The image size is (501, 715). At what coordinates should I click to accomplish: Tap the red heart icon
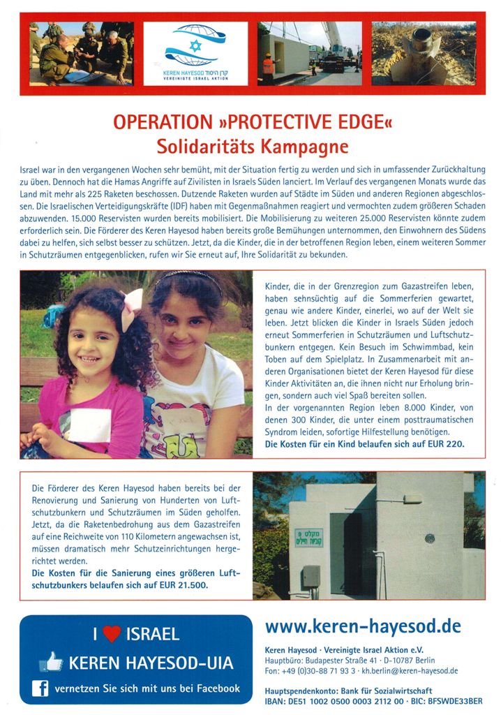[x=112, y=634]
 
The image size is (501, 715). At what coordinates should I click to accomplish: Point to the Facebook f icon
[x=40, y=688]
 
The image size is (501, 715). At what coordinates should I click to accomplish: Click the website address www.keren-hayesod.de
[x=363, y=626]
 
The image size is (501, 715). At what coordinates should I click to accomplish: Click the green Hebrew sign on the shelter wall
[x=308, y=537]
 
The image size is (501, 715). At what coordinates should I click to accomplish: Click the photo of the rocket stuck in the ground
[x=424, y=53]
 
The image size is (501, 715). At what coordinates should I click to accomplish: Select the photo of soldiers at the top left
[x=82, y=53]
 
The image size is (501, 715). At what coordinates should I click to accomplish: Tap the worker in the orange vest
[x=267, y=68]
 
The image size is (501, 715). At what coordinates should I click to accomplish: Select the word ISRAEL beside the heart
[x=152, y=634]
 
